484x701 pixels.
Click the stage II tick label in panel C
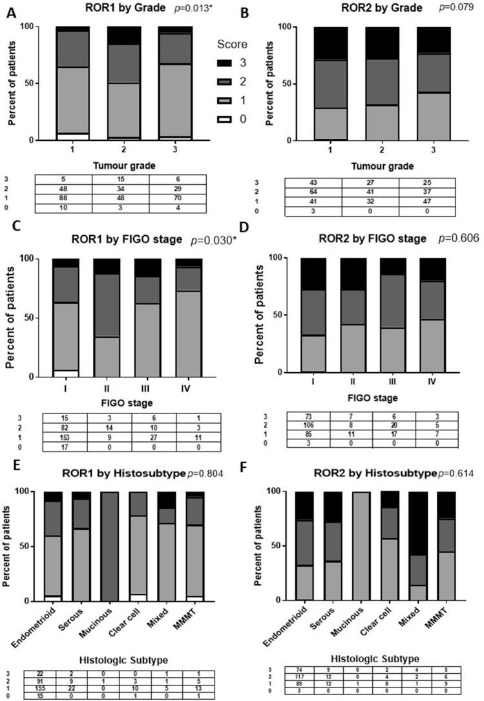[105, 391]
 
